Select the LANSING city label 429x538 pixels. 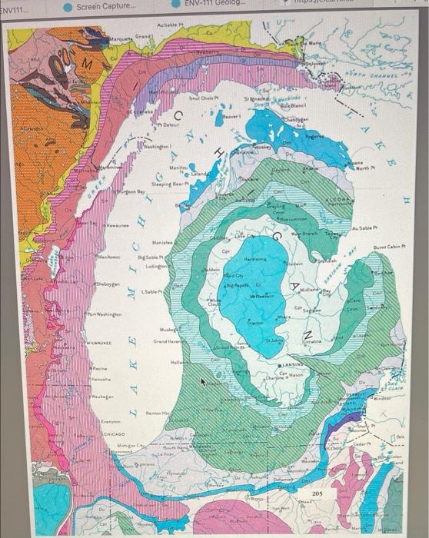coord(294,364)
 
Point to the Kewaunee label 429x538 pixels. coord(117,227)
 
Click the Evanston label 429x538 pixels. coord(108,421)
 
